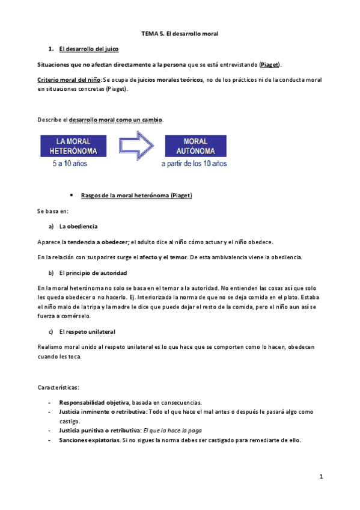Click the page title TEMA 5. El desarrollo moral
[x=179, y=35]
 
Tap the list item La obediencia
[x=78, y=227]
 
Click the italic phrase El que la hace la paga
[x=172, y=431]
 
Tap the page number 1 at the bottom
[x=322, y=477]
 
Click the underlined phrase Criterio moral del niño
[x=69, y=79]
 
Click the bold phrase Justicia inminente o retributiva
[x=102, y=411]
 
